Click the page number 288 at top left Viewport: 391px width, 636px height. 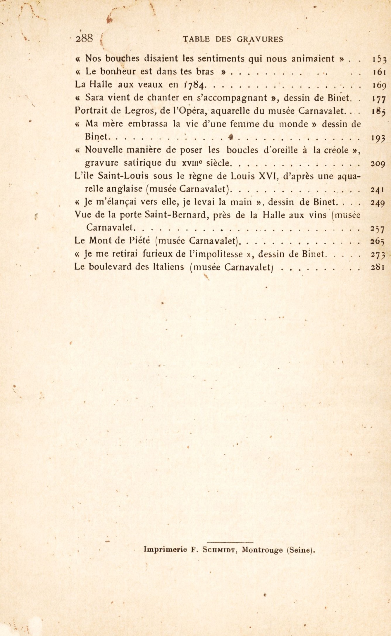[84, 39]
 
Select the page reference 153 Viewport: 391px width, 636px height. [380, 59]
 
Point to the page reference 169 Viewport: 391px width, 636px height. [380, 86]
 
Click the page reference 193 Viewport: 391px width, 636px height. [379, 137]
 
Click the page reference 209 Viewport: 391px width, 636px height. [379, 164]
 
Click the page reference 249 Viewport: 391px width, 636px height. [379, 203]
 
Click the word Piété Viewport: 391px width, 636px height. [140, 241]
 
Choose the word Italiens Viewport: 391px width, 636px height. [160, 267]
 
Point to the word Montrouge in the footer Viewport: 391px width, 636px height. [262, 550]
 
